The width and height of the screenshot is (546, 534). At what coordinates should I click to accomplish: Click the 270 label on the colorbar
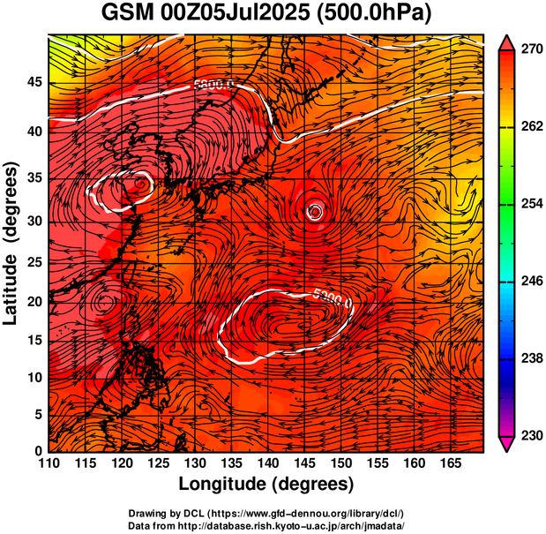[528, 51]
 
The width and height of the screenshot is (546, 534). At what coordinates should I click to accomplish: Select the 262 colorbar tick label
[528, 128]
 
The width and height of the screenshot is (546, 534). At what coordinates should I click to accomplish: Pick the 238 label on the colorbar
[528, 358]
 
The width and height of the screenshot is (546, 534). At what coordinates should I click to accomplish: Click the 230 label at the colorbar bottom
[528, 435]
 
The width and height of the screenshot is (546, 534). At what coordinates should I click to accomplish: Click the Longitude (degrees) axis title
[266, 484]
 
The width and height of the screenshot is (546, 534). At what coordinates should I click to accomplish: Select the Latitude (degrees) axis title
[11, 243]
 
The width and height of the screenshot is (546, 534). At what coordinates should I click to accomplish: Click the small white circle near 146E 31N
[315, 211]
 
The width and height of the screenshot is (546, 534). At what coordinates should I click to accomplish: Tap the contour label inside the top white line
[213, 86]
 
